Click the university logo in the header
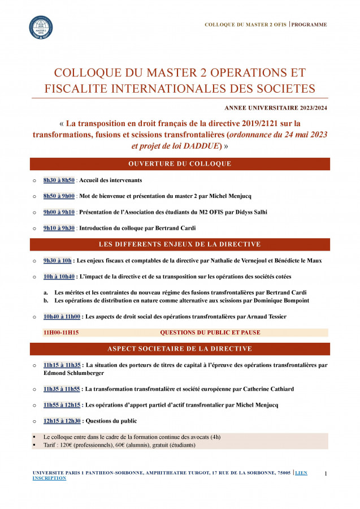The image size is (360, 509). pyautogui.click(x=41, y=27)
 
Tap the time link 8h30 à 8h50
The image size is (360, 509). pyautogui.click(x=59, y=180)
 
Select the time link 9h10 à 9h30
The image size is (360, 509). pyautogui.click(x=59, y=228)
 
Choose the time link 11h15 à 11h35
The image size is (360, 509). pyautogui.click(x=62, y=365)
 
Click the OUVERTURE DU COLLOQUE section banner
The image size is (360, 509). pyautogui.click(x=180, y=164)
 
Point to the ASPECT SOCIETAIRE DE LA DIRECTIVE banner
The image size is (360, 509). pyautogui.click(x=180, y=349)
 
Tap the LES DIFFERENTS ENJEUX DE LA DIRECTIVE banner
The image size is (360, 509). pyautogui.click(x=180, y=244)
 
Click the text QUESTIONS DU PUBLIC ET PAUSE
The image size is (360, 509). pyautogui.click(x=210, y=333)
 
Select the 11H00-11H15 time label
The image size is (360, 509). pyautogui.click(x=61, y=333)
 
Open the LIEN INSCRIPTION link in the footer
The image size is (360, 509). pyautogui.click(x=49, y=478)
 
